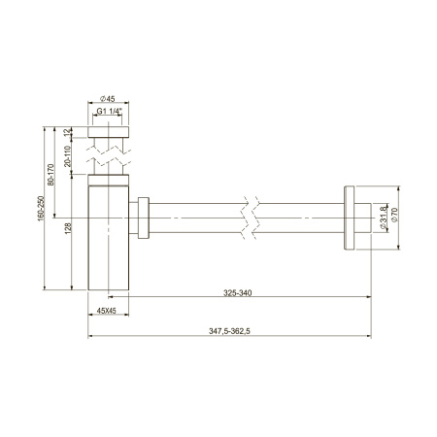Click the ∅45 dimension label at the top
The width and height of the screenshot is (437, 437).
tap(109, 97)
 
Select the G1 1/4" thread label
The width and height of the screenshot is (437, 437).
tap(110, 112)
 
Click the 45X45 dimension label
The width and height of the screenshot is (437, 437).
tap(108, 311)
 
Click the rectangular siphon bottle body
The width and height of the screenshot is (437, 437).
tap(108, 238)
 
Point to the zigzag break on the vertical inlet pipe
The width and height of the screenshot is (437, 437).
tap(109, 154)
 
